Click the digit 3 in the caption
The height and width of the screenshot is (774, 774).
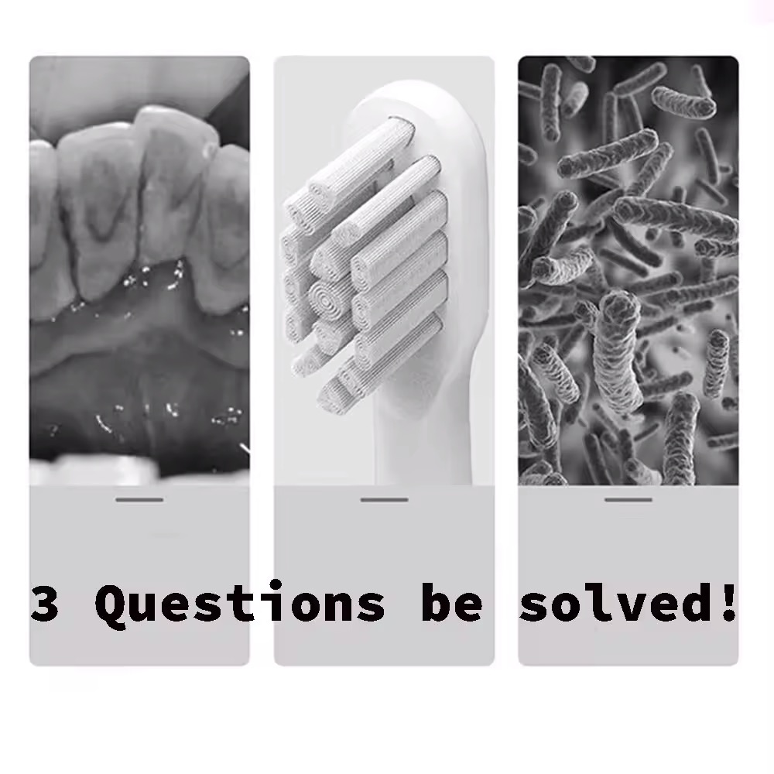coord(45,603)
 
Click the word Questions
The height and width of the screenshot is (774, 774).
coord(240,604)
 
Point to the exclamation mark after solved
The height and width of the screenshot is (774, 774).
coord(729,601)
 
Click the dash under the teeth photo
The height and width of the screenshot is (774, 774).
coord(139,499)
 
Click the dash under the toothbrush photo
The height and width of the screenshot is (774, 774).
coord(384,499)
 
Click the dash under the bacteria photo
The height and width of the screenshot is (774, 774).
coord(628,499)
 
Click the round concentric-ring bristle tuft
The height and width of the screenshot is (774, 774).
coord(325,298)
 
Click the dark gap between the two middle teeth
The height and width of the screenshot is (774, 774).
coord(143,217)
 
